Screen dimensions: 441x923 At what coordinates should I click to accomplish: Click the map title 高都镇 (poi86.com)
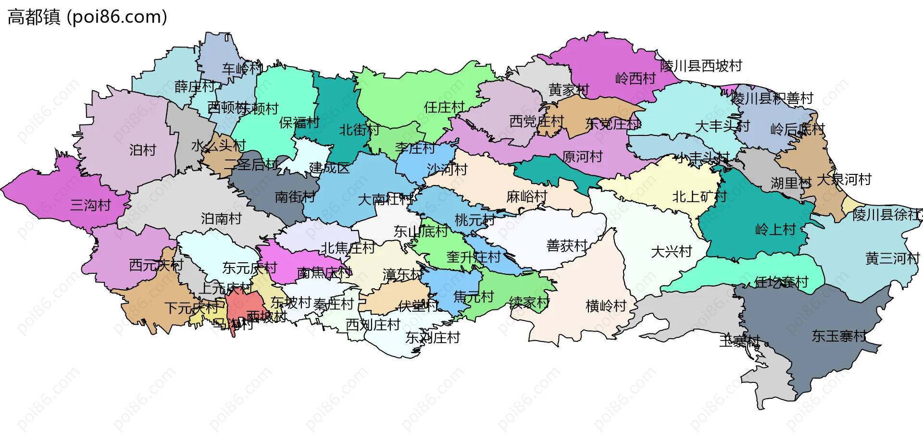click(87, 17)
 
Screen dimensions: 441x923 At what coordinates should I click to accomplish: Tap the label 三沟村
click(90, 206)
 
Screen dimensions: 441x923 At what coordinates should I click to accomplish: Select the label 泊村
click(143, 150)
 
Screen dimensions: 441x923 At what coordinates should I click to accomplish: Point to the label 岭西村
click(636, 79)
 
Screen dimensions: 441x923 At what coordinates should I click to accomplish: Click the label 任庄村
click(444, 108)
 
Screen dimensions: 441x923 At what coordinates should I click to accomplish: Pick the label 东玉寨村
click(839, 336)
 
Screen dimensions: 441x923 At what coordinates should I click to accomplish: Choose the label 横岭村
click(606, 306)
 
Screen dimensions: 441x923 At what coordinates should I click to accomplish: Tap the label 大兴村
click(671, 252)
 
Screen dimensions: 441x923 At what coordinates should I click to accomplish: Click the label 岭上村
click(775, 230)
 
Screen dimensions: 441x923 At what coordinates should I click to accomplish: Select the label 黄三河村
click(892, 259)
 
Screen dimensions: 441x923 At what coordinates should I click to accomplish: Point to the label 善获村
click(567, 246)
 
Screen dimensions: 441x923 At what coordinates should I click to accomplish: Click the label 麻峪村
click(526, 196)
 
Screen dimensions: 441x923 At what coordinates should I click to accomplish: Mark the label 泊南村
click(221, 219)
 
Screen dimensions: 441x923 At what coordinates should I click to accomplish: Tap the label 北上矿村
click(699, 196)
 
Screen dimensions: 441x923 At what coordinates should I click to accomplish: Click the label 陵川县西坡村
click(701, 66)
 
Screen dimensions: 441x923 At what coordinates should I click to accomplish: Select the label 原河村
click(582, 157)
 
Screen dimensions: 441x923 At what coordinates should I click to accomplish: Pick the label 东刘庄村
click(432, 338)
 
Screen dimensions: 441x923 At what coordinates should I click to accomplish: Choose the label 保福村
click(299, 123)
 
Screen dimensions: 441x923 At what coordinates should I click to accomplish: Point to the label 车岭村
click(242, 69)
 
